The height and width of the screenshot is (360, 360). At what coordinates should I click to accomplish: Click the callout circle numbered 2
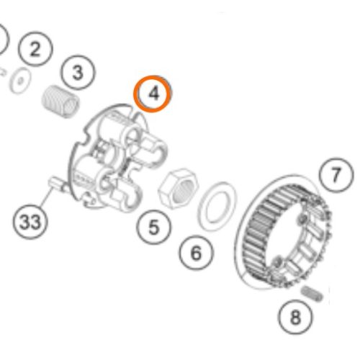point(35,49)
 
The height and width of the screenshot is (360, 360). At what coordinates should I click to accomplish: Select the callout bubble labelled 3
point(78,73)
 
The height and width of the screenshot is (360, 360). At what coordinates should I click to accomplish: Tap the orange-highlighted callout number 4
point(153,94)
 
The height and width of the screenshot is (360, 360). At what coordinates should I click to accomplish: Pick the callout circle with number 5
point(154,227)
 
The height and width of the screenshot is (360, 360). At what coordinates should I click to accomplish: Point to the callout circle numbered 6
point(196,253)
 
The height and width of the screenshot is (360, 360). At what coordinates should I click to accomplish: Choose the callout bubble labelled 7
point(336,175)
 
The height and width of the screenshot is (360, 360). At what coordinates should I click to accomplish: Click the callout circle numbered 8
point(295,317)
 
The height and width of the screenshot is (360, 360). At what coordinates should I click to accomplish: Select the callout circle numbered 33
point(30,222)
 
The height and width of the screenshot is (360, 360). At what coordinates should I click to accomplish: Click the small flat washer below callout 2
point(20,81)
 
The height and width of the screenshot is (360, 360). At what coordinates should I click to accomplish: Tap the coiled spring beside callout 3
point(60,102)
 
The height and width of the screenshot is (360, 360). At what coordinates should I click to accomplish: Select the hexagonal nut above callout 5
point(178,189)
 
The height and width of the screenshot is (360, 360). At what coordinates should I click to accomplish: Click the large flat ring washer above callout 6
point(217,206)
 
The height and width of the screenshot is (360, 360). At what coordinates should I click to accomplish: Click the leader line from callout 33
point(46,197)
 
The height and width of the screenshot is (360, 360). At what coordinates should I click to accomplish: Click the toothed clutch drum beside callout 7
point(283,233)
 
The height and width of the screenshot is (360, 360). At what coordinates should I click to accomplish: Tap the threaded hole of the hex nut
point(184,192)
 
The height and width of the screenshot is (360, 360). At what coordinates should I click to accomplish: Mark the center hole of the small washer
point(21,81)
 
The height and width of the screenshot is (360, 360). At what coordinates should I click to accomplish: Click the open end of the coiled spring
point(71,108)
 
